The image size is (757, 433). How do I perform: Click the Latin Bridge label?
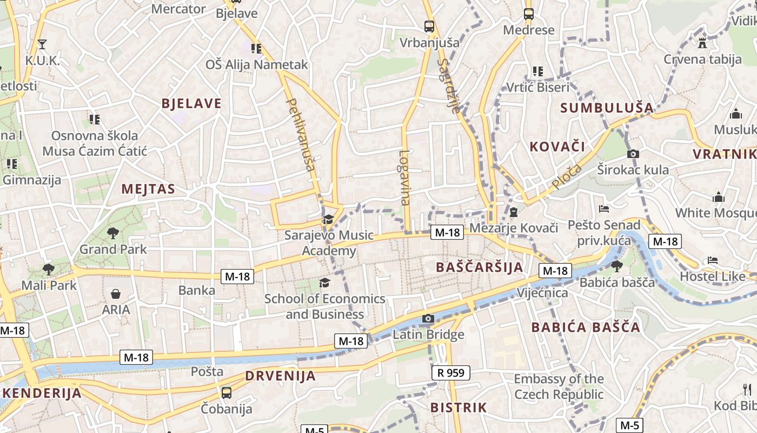pos(428,334)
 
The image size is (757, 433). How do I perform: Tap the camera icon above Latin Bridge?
pos(428,318)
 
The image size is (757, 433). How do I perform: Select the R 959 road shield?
pos(451,372)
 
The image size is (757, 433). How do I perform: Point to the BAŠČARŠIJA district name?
pos(480,267)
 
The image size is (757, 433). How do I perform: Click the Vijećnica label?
pos(542,293)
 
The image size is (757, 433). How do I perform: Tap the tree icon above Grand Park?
pos(113,233)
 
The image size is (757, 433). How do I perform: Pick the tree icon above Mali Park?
pos(49,269)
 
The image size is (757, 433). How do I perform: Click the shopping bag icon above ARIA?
pos(115,294)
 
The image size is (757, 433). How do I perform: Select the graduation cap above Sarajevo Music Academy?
pos(328,219)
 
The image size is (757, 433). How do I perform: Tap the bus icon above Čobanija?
pos(226,392)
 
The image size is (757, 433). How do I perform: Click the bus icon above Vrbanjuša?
pos(429,26)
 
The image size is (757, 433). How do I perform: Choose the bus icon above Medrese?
pos(528,14)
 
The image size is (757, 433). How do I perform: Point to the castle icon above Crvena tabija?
pos(702,43)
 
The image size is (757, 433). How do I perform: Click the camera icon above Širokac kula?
pos(633,154)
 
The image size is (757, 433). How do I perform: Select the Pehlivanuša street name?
pos(300,134)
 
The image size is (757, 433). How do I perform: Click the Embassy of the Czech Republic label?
pos(559,386)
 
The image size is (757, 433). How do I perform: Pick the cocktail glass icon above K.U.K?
pos(42,44)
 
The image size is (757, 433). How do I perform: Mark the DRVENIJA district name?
pos(280,376)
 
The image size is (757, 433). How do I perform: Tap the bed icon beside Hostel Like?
pos(712,260)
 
